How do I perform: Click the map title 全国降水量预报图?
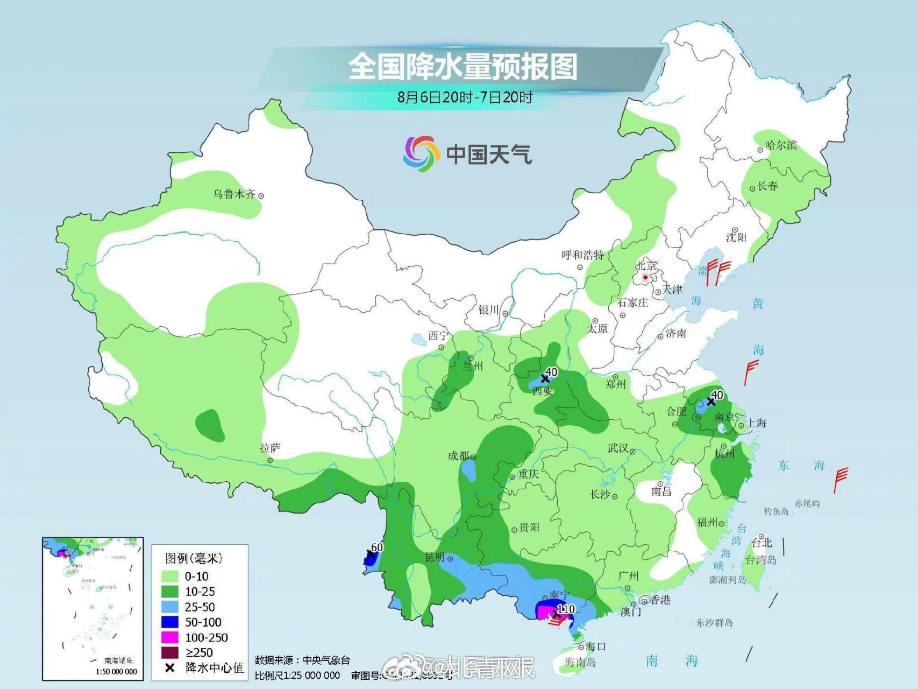(x=462, y=67)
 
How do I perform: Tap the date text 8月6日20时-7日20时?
(x=465, y=97)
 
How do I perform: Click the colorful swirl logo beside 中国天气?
(x=418, y=154)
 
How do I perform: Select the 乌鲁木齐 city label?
(x=234, y=194)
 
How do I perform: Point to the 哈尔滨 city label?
(x=780, y=145)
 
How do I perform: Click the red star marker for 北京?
(x=645, y=278)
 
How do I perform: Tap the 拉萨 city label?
(x=270, y=448)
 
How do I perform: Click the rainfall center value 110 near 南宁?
(x=566, y=609)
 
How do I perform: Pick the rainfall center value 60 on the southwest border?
(x=377, y=547)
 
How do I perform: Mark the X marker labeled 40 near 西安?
(x=545, y=378)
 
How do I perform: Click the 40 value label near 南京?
(x=717, y=396)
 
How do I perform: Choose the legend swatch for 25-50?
(x=170, y=607)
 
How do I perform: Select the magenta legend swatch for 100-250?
(x=170, y=637)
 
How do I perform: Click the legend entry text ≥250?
(x=200, y=652)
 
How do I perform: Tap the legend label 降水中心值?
(x=214, y=668)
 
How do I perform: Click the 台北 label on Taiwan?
(x=762, y=543)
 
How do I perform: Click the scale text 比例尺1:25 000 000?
(x=297, y=675)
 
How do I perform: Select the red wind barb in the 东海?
(x=839, y=479)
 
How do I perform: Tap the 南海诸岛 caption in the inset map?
(x=118, y=660)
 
